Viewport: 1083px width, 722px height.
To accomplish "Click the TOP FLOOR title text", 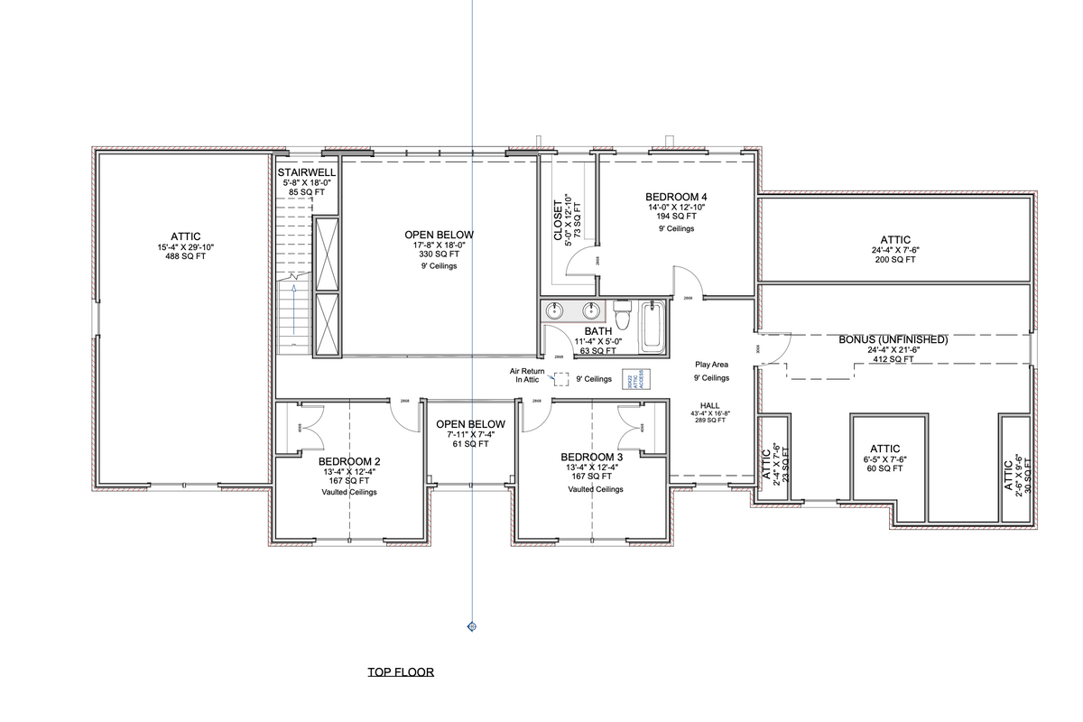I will pyautogui.click(x=401, y=672).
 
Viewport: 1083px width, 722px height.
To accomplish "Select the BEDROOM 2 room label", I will pyautogui.click(x=347, y=460).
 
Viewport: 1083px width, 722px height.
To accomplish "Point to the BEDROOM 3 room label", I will pyautogui.click(x=591, y=457).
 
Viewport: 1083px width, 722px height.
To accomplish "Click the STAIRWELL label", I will pyautogui.click(x=307, y=171).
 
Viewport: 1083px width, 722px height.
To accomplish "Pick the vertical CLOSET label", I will pyautogui.click(x=557, y=219).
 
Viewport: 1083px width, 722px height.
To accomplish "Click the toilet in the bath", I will pyautogui.click(x=622, y=317).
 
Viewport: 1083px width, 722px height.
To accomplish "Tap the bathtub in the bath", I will pyautogui.click(x=654, y=328).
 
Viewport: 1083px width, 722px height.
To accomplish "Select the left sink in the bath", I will pyautogui.click(x=554, y=310).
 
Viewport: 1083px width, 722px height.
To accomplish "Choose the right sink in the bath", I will pyautogui.click(x=591, y=310).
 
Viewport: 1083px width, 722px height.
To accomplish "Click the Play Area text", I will pyautogui.click(x=711, y=365).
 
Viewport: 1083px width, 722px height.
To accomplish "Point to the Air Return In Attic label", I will pyautogui.click(x=527, y=375).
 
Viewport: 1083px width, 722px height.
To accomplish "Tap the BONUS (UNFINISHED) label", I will pyautogui.click(x=893, y=339).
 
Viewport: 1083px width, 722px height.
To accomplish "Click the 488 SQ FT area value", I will pyautogui.click(x=185, y=256).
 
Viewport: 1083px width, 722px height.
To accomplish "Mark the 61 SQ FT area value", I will pyautogui.click(x=469, y=444).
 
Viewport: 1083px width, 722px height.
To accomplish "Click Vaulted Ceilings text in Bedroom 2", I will pyautogui.click(x=347, y=492).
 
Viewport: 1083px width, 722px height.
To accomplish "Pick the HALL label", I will pyautogui.click(x=709, y=405).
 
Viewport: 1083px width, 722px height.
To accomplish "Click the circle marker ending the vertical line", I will pyautogui.click(x=471, y=625).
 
